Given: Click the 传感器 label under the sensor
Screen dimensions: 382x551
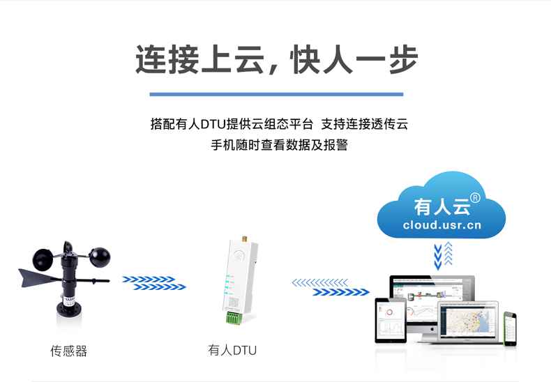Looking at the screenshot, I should [x=68, y=351].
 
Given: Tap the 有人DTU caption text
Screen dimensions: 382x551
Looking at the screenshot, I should [x=232, y=350].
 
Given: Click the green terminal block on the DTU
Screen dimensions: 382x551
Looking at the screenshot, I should [x=233, y=318].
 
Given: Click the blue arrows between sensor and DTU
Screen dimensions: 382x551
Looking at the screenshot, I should [x=153, y=283].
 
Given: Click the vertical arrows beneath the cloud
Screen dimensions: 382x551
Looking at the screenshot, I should [x=442, y=257].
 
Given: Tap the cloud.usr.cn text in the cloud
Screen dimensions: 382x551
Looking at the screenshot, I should [x=441, y=225].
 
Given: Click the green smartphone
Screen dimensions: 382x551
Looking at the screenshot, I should [x=510, y=327].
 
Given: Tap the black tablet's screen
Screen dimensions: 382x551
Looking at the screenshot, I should [x=390, y=320].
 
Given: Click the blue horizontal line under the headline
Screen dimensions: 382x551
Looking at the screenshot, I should [x=276, y=94].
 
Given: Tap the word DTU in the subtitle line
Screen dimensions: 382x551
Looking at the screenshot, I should [x=210, y=125].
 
